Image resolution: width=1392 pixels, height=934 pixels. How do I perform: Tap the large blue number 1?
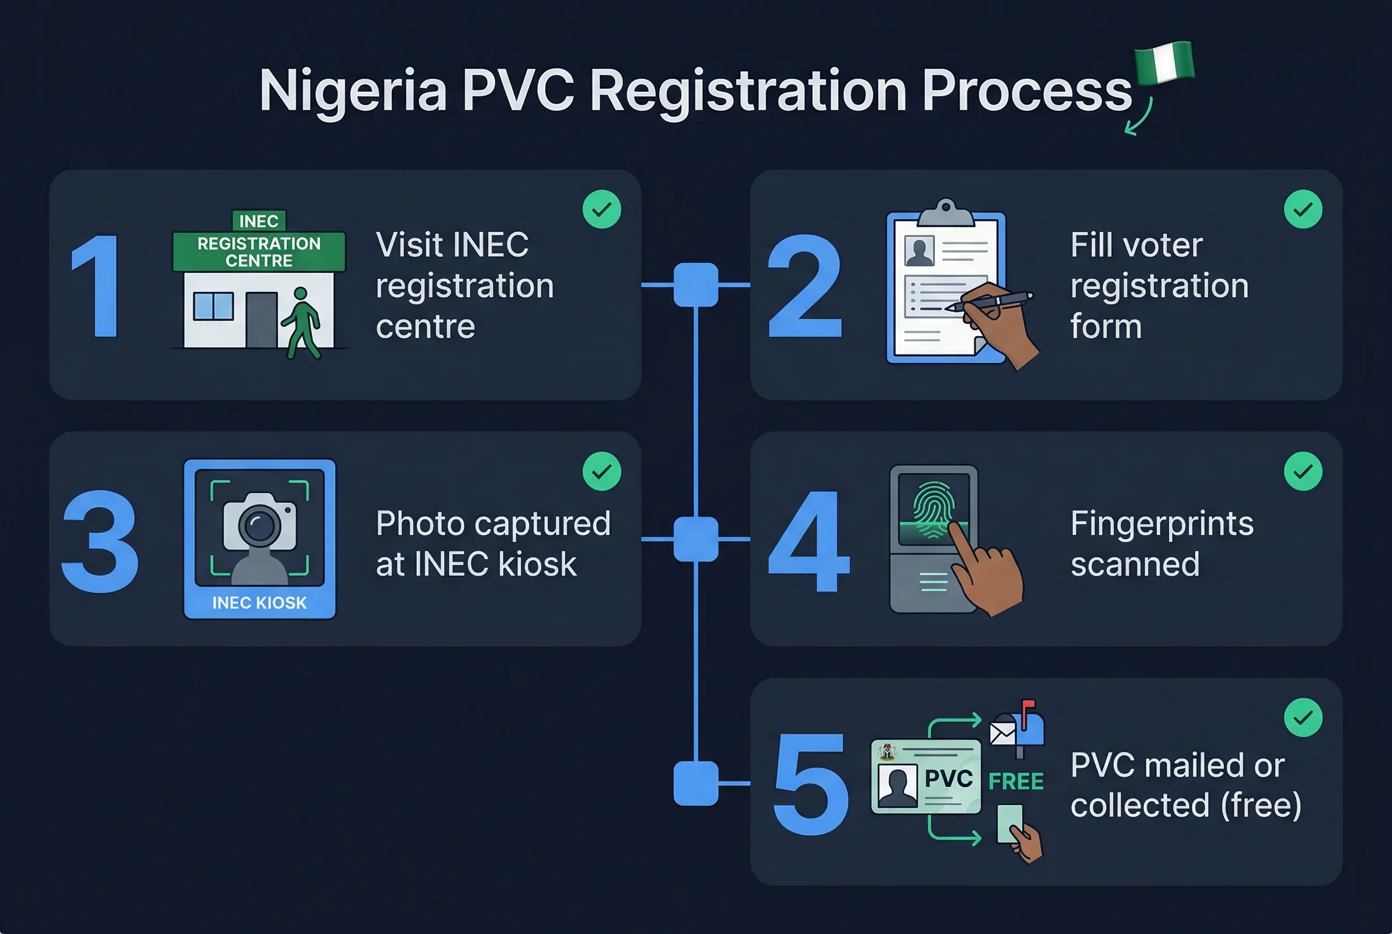click(96, 285)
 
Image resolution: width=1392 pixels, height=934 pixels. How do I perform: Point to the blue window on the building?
click(213, 306)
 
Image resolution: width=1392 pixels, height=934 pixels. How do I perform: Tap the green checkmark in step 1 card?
click(602, 209)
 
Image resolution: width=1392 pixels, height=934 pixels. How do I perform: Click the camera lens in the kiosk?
click(260, 525)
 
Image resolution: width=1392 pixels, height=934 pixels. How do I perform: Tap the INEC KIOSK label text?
click(259, 603)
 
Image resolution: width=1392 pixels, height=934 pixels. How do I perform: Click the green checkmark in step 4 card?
click(1303, 471)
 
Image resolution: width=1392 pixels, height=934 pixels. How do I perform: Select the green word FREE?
click(1015, 781)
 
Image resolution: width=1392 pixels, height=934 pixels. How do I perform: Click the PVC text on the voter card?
click(948, 779)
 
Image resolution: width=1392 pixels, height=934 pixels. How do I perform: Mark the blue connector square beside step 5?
click(695, 783)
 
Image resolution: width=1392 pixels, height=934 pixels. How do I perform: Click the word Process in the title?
click(1026, 90)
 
